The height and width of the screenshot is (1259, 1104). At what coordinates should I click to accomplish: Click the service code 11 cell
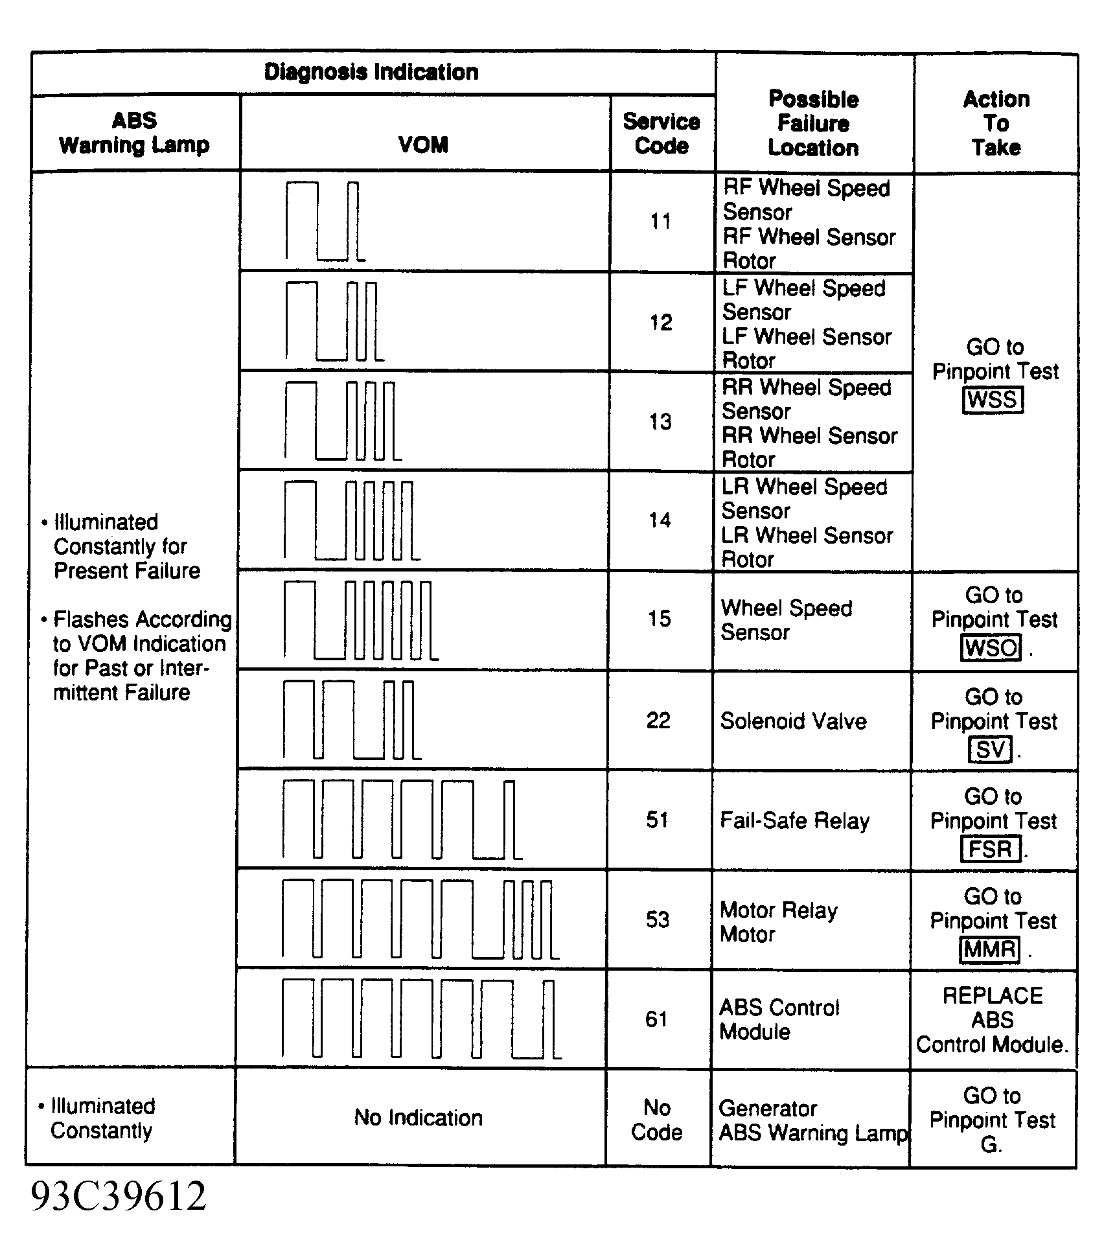click(661, 222)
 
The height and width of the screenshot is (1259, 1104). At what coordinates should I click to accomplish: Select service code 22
click(658, 721)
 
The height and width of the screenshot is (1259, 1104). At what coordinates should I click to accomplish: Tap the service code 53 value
click(658, 919)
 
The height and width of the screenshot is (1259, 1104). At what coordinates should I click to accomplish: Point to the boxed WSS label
click(993, 400)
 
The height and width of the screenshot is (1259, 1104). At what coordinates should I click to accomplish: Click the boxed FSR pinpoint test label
click(990, 849)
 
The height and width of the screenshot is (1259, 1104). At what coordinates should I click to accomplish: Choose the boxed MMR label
click(989, 949)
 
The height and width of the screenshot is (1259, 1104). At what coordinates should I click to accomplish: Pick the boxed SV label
click(990, 750)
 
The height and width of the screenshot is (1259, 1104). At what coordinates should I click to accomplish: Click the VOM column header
click(424, 144)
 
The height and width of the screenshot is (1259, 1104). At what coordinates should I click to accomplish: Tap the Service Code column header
click(661, 133)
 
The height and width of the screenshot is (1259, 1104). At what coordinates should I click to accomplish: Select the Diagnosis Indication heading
click(371, 72)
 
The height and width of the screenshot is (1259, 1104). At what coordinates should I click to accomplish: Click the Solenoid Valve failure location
click(793, 721)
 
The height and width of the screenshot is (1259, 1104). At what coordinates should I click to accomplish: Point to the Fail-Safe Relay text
click(794, 821)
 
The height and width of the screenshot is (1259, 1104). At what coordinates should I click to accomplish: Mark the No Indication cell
click(419, 1118)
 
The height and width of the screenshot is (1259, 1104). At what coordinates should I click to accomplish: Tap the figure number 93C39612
click(119, 1196)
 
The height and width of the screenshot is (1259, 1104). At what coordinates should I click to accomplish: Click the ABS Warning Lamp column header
click(135, 133)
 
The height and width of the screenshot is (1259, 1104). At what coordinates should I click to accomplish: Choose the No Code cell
click(657, 1120)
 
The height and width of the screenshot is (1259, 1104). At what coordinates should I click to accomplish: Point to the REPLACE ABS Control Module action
click(993, 1020)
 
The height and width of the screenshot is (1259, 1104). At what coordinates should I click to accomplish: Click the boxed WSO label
click(991, 648)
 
